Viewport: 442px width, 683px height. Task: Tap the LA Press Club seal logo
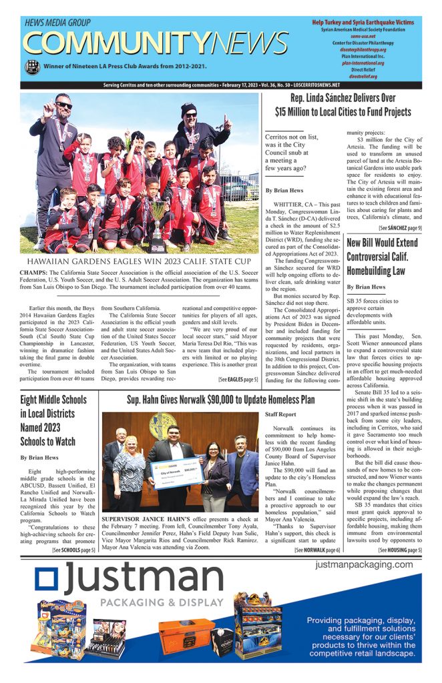31,67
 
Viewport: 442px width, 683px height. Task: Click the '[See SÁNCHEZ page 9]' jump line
400,227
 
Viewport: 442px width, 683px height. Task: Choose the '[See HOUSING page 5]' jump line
400,550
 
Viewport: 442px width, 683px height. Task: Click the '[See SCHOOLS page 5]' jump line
73,550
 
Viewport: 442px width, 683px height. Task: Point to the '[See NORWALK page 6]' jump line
317,550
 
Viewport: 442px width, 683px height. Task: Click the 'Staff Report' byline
281,414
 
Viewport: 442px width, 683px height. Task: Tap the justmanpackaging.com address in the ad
365,565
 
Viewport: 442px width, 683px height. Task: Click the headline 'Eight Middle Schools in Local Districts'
53,420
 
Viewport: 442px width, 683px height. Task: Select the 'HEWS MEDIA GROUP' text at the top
59,22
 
